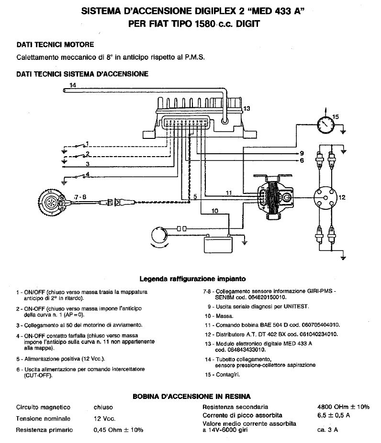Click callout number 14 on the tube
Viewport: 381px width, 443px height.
72,85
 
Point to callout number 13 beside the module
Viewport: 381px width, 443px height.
247,109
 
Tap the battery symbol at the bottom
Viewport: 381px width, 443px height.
218,244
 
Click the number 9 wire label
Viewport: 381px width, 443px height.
302,153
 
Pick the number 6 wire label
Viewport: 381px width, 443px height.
302,161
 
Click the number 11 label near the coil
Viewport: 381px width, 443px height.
229,192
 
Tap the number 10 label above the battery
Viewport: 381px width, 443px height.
214,210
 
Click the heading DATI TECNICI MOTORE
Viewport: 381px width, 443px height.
55,45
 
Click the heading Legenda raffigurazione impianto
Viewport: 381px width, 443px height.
192,278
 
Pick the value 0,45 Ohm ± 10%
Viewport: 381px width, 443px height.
118,430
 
